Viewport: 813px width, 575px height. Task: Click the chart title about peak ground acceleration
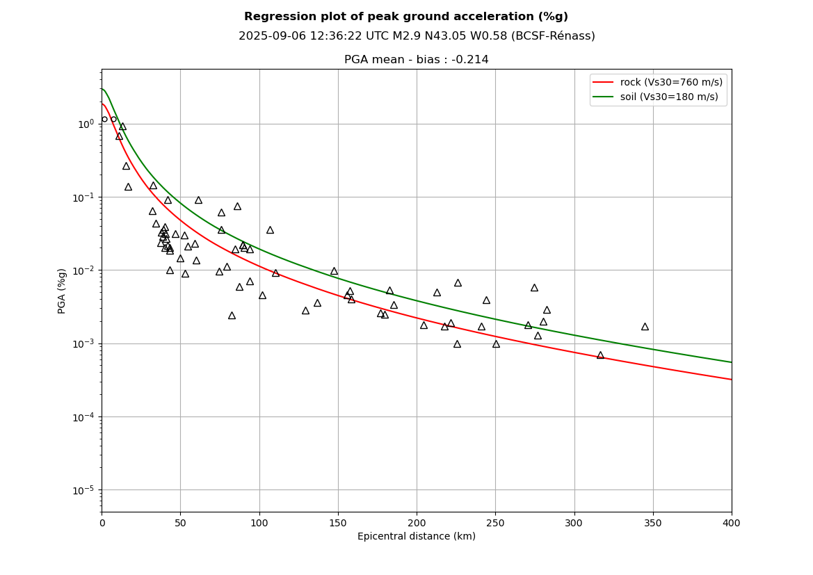(406, 17)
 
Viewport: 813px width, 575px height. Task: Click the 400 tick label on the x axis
(732, 523)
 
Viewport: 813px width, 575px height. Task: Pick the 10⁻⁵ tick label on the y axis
(85, 490)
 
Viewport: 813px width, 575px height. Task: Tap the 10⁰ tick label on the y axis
(86, 124)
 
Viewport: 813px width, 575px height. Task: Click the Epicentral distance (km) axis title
(417, 537)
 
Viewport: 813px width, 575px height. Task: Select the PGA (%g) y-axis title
(62, 291)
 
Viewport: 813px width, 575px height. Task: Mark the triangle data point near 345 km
(645, 326)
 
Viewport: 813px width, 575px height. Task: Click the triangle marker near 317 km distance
(600, 355)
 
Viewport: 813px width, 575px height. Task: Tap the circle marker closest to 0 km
(104, 119)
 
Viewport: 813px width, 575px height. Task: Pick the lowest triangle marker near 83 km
(232, 315)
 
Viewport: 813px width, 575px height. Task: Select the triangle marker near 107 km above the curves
(270, 229)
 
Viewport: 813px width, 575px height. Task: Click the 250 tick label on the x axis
(495, 523)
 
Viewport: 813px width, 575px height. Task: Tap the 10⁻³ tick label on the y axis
(85, 343)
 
